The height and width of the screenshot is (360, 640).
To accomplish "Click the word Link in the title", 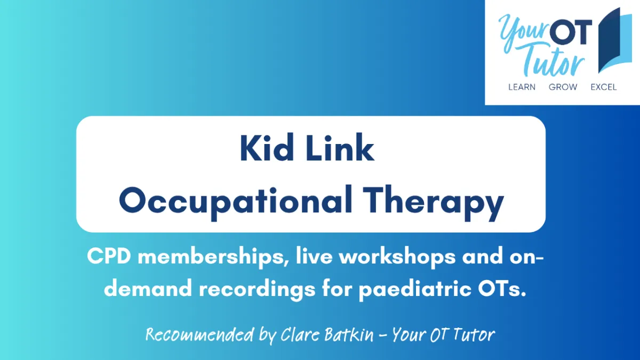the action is (340, 148).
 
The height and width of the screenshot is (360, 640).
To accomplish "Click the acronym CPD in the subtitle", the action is (109, 256).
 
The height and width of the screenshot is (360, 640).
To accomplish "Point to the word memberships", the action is (213, 258).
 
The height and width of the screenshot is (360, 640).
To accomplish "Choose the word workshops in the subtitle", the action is (397, 258).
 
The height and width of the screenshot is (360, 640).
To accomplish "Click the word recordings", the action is (258, 290).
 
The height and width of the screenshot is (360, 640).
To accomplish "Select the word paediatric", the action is (415, 290).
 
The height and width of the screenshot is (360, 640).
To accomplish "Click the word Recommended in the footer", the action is (199, 334).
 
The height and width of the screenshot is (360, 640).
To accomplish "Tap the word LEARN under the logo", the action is (522, 87).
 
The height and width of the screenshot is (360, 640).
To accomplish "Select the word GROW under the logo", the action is (563, 87).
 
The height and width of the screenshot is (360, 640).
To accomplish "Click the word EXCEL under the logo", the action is (603, 87).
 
